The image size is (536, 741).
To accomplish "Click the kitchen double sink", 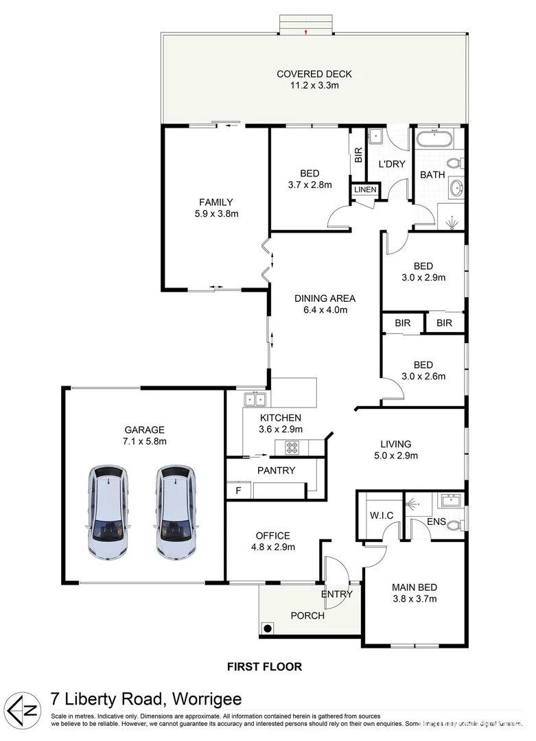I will tap(255, 399).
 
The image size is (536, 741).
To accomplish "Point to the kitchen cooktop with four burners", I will tap(292, 448).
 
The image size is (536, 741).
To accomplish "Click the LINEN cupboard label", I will tap(364, 189).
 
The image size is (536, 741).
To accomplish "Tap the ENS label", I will tap(436, 522).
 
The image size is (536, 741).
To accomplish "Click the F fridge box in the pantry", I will tap(238, 491).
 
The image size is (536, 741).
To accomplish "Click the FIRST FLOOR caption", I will tap(264, 666).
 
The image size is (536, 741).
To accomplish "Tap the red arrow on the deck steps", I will tap(307, 32).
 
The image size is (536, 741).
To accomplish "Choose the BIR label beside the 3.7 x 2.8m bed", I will tap(358, 156).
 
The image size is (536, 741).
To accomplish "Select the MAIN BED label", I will tap(415, 587).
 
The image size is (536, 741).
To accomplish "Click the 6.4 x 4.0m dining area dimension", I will tap(325, 309).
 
